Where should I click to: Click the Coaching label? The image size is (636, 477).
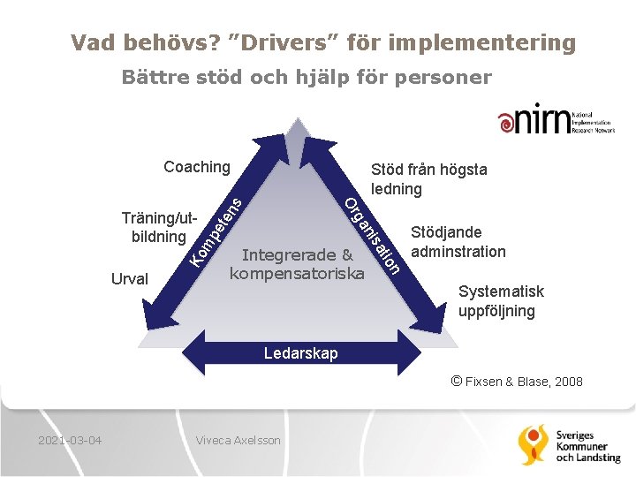197,167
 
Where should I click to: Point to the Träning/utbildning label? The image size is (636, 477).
160,227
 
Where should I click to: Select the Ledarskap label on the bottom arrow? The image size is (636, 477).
301,353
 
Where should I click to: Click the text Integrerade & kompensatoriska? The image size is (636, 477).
297,265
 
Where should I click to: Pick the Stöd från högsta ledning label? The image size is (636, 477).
428,178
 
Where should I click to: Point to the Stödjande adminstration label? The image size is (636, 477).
458,242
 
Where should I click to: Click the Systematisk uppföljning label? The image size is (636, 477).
500,301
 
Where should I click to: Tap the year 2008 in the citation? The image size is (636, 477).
567,382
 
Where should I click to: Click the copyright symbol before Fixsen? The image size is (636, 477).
457,381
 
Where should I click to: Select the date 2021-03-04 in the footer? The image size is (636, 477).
70,440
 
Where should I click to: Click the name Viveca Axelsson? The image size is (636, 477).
238,440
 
